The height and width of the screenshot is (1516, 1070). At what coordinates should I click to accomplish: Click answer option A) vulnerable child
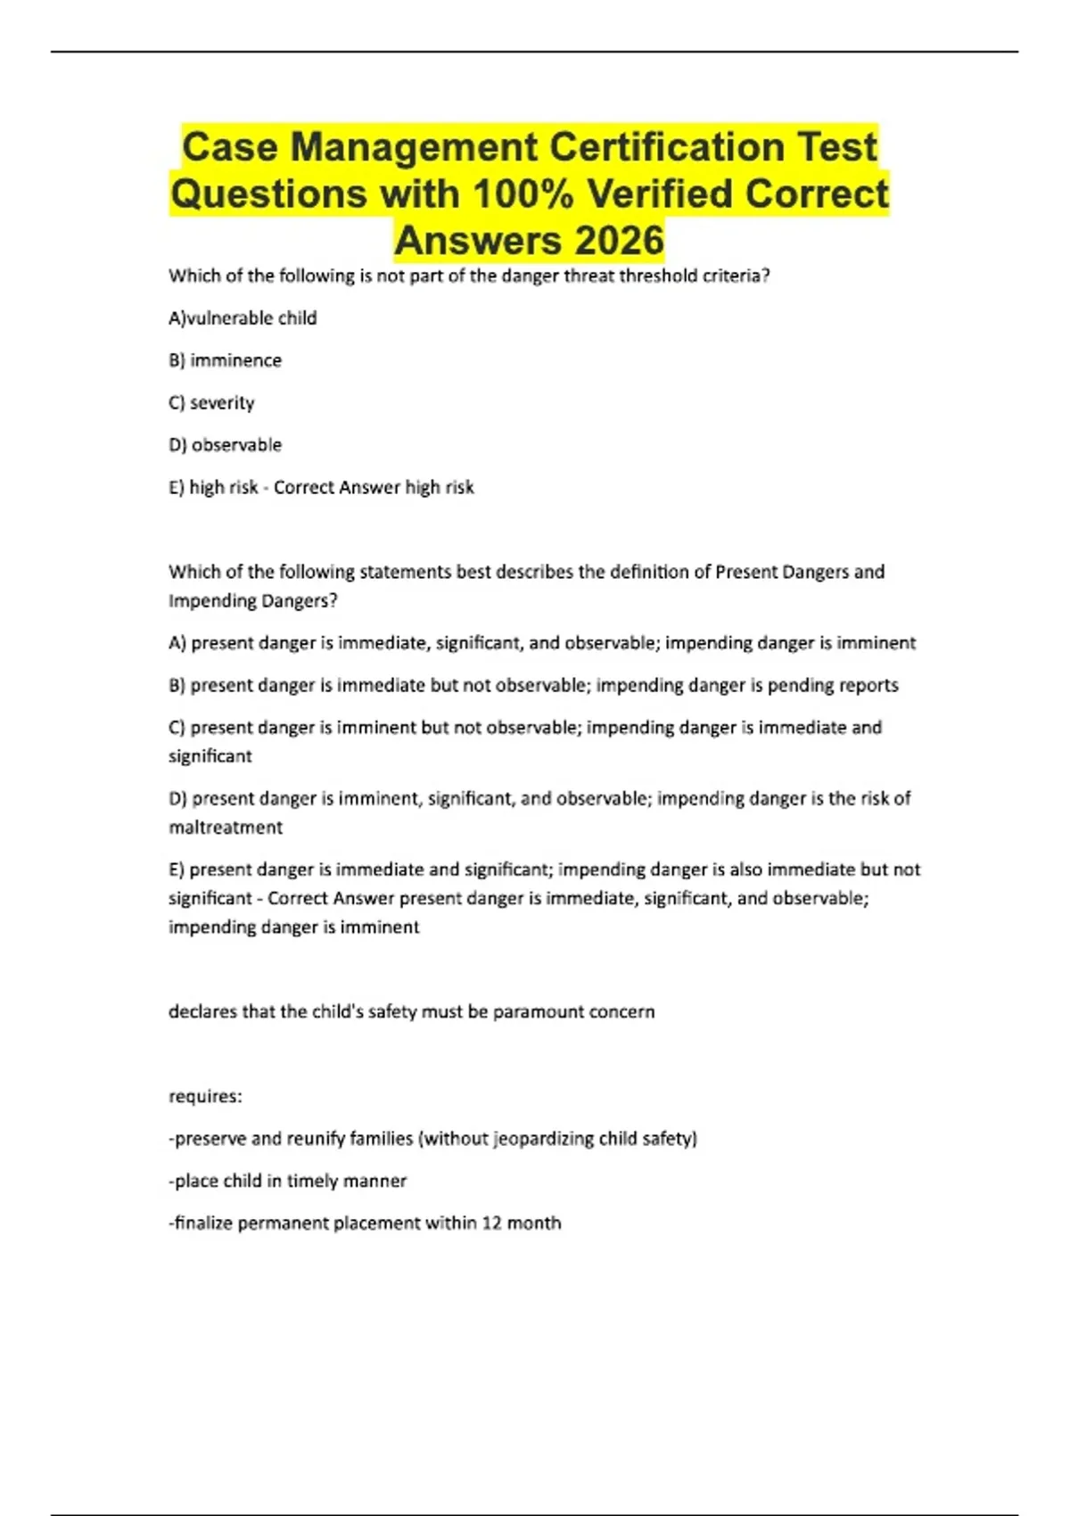(243, 318)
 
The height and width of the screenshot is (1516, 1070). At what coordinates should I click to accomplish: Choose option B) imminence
(225, 360)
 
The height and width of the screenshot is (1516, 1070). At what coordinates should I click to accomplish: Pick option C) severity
(211, 403)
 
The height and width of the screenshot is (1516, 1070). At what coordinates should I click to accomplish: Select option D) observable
(225, 445)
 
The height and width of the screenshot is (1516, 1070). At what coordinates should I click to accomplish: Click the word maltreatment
(226, 828)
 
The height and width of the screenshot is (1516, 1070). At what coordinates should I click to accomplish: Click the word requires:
(205, 1097)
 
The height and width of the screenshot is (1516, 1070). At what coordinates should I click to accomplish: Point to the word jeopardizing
(535, 1139)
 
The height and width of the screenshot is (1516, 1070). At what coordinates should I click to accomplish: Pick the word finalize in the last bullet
(202, 1224)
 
